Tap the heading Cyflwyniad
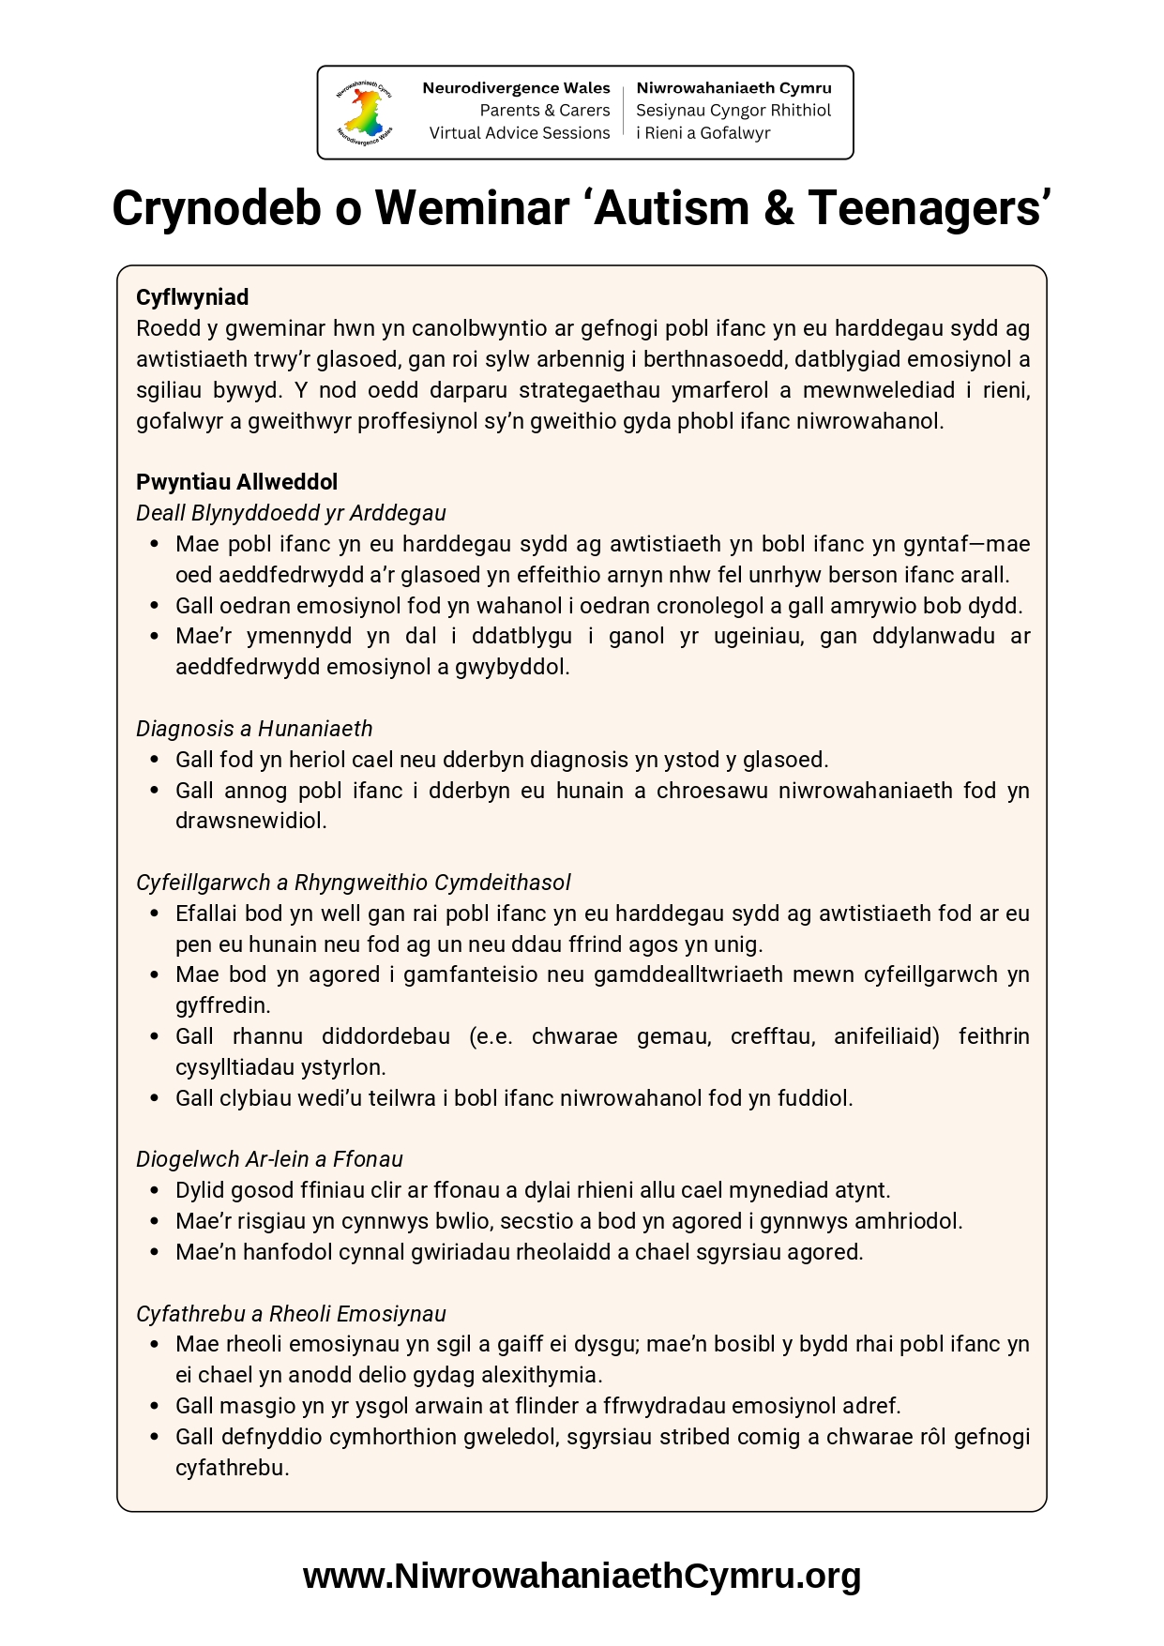pos(192,297)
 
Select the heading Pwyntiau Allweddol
pos(236,482)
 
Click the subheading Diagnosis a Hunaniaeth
pos(254,729)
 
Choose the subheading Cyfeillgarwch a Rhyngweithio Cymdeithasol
pos(353,883)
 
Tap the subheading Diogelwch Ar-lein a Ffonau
pos(269,1159)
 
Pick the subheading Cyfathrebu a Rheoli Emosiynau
pos(291,1314)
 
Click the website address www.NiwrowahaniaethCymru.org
pos(582,1576)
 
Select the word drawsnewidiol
pos(250,821)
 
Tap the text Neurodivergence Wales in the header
pos(516,88)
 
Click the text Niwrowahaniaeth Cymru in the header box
pos(733,88)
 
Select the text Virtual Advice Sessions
pos(520,133)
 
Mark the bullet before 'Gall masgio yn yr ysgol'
pos(155,1406)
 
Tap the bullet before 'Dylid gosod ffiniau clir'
pos(155,1190)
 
